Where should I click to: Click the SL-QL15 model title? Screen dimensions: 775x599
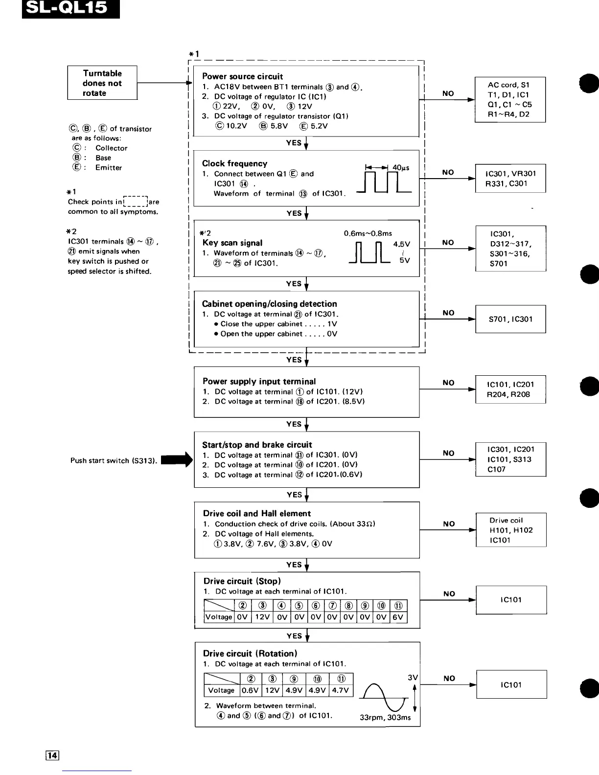(70, 9)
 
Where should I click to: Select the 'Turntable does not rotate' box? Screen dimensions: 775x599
(102, 83)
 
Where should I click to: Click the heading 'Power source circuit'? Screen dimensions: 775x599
(242, 76)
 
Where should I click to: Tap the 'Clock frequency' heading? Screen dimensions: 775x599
(234, 163)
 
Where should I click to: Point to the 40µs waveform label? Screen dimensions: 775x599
(401, 168)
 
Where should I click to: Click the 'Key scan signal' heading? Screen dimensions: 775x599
(232, 243)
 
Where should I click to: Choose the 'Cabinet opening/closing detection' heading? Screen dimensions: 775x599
(269, 304)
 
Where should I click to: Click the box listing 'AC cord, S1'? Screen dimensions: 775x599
(510, 99)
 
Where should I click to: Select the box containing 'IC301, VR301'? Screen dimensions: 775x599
(510, 179)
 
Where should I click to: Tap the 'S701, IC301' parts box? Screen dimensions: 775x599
(510, 319)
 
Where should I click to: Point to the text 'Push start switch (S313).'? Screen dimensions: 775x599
(114, 460)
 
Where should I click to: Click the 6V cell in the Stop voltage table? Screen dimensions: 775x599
(398, 617)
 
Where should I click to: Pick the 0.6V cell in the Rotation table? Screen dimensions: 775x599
(250, 690)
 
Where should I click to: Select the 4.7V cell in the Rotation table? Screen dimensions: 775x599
(341, 690)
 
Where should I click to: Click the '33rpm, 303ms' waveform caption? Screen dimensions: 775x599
(385, 717)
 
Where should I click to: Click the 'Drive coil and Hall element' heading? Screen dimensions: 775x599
(257, 513)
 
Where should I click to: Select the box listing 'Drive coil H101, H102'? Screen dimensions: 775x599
(511, 530)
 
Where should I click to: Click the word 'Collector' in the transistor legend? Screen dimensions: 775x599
(111, 148)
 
